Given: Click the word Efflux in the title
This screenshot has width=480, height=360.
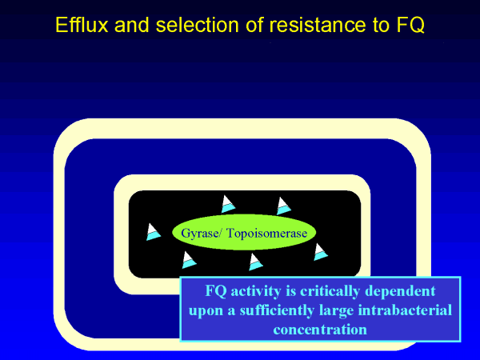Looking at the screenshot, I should pyautogui.click(x=80, y=25).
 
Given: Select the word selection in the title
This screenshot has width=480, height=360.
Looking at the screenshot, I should pyautogui.click(x=177, y=25).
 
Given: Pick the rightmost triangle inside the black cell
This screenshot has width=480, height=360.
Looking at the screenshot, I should pyautogui.click(x=320, y=252).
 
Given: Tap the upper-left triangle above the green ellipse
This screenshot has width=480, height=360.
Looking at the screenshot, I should pyautogui.click(x=227, y=204).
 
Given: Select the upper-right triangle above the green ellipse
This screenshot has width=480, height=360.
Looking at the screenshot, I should pyautogui.click(x=282, y=206).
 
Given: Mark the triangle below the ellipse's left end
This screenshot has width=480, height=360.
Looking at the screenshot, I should pyautogui.click(x=188, y=260).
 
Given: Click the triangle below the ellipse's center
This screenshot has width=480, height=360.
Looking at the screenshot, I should pyautogui.click(x=255, y=262).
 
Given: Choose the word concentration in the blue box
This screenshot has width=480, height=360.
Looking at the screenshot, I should pyautogui.click(x=320, y=329).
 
